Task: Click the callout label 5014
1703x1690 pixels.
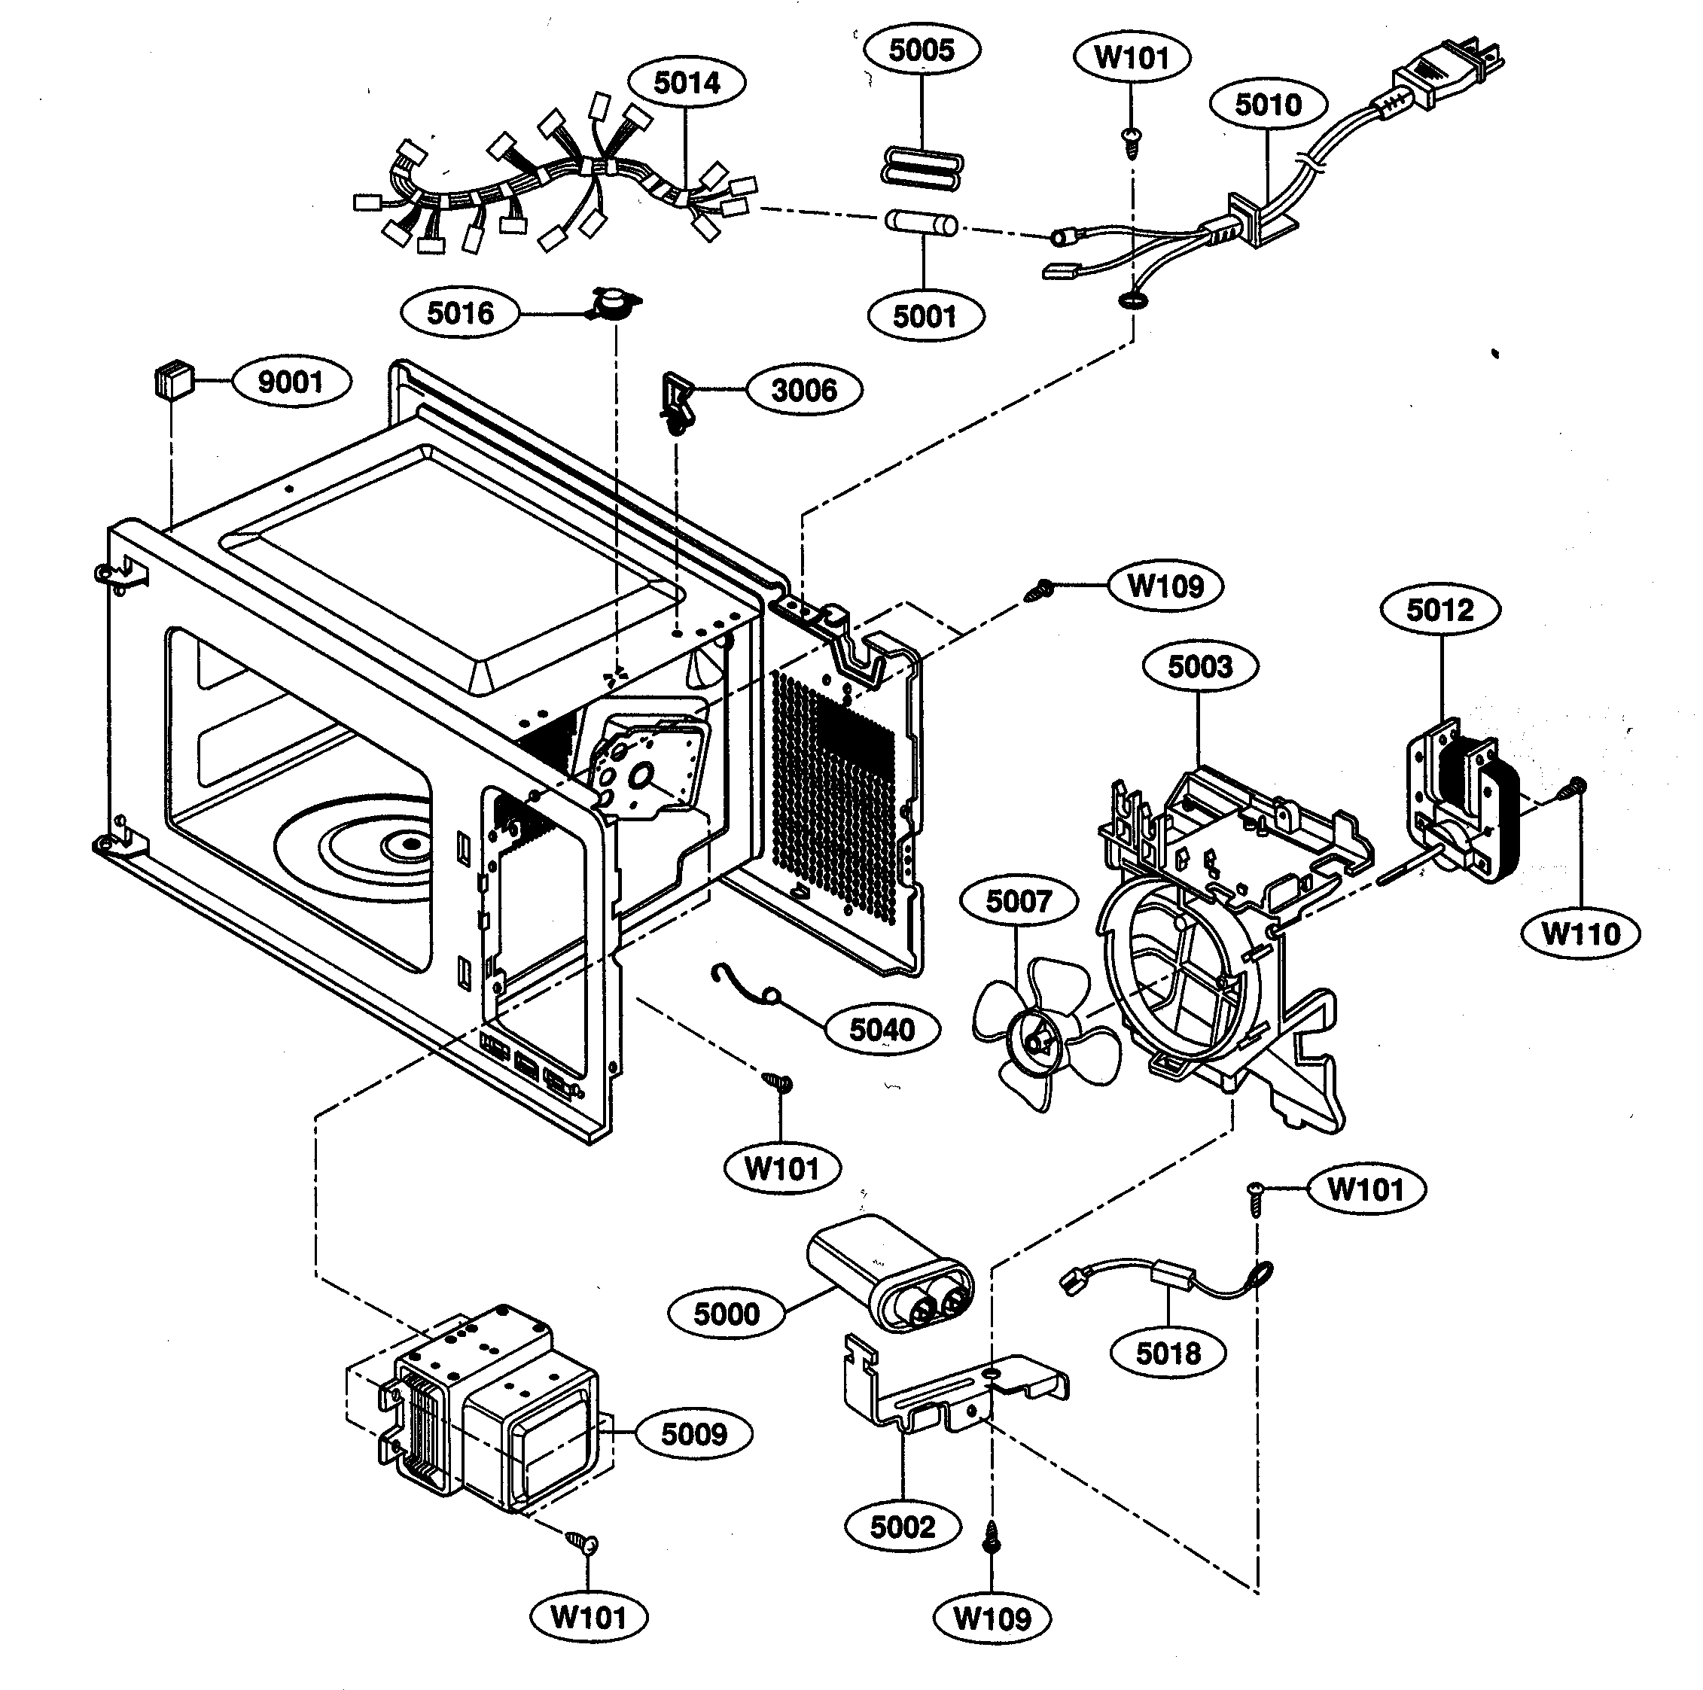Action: (687, 83)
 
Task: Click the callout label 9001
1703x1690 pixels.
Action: (291, 382)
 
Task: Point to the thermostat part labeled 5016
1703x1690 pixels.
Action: (614, 304)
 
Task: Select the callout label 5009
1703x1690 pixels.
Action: (693, 1433)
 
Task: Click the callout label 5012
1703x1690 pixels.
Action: (1439, 609)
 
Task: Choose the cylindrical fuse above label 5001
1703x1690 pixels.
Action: (921, 222)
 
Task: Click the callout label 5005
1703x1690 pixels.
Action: (921, 50)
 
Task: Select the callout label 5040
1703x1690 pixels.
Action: (882, 1029)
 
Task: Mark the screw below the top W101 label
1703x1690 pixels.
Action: (1130, 140)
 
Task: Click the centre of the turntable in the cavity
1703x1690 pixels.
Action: (410, 845)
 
